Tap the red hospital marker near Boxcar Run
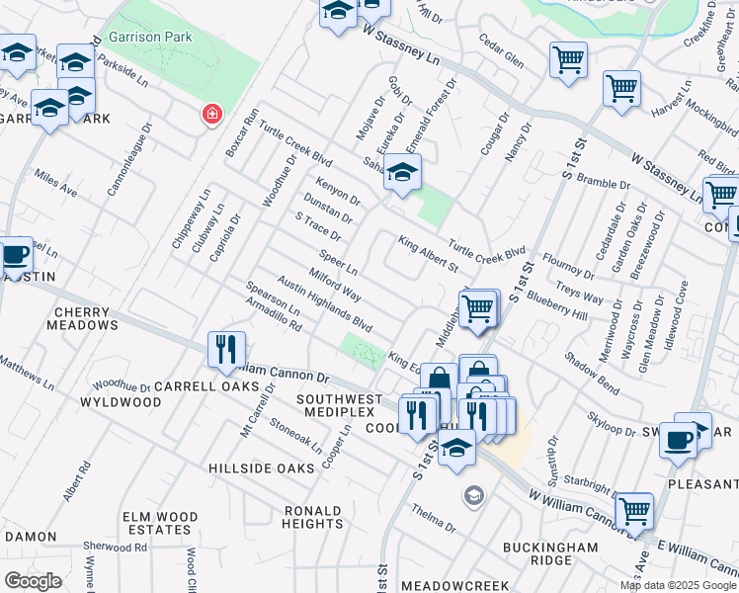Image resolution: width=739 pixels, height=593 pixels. pos(210,116)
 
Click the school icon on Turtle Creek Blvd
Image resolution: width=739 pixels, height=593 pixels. pos(401,175)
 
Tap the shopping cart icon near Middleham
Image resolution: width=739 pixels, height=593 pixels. pos(478,307)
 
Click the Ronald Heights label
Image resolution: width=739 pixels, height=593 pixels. pos(312,517)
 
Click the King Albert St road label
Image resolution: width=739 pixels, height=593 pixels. pos(428,254)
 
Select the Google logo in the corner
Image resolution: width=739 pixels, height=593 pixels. pos(33,581)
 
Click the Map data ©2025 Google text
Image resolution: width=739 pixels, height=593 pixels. pos(678,585)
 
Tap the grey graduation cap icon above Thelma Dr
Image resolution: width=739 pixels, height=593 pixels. pos(474,495)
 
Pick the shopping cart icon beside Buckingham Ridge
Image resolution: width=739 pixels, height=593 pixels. pos(633,512)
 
